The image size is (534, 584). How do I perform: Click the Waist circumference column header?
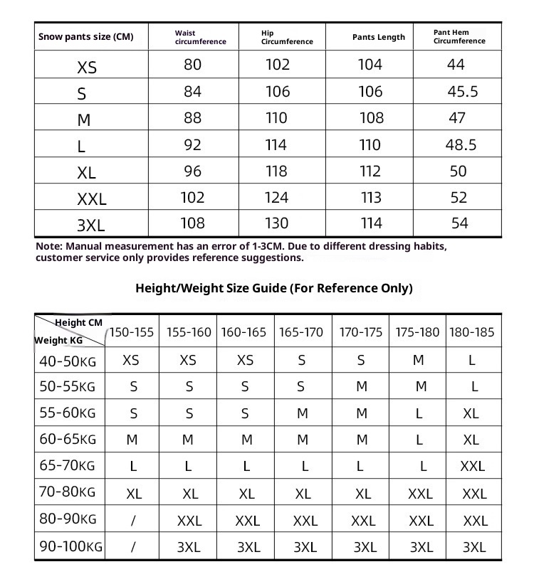tap(200, 37)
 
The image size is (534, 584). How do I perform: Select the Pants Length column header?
tap(378, 37)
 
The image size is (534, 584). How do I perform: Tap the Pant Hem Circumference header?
tap(459, 37)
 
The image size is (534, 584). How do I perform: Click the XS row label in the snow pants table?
tap(87, 68)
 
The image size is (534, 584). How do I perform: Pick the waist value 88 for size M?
tap(192, 118)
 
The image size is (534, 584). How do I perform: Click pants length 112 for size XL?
tap(370, 171)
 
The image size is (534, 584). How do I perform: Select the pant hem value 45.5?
tap(463, 92)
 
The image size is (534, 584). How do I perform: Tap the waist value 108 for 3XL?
tap(192, 223)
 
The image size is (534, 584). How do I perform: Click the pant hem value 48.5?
tap(461, 144)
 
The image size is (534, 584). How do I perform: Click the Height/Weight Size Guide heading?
tap(273, 288)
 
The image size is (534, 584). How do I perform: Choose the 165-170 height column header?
tap(302, 332)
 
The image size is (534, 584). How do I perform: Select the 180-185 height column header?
tap(473, 332)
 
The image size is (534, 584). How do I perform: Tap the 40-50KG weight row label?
tap(68, 361)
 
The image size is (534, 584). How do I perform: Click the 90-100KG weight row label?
tap(70, 547)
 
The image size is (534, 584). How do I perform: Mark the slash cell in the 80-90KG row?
tap(133, 521)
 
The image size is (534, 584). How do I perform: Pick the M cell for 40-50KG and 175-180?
tap(418, 361)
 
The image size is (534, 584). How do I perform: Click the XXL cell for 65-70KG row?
tap(473, 467)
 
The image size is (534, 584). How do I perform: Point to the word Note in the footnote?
tap(49, 246)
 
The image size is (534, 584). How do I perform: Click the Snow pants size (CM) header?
tap(85, 37)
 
